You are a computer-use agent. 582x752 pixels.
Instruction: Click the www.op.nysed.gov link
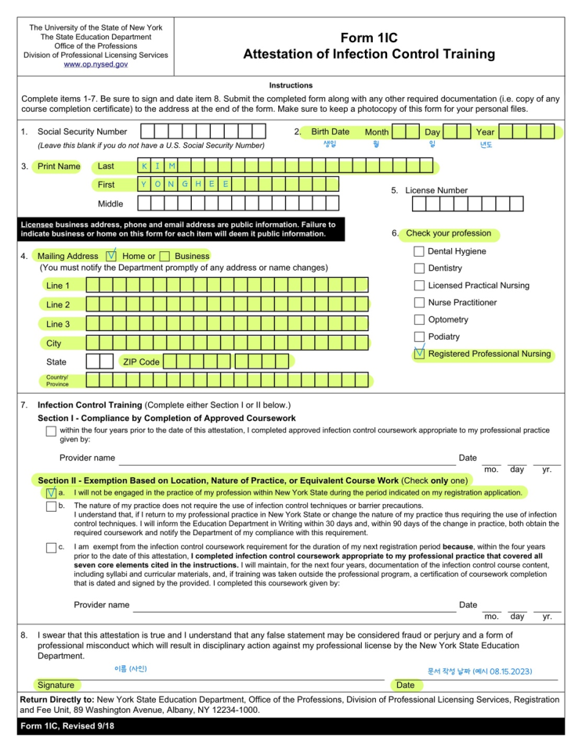pyautogui.click(x=96, y=64)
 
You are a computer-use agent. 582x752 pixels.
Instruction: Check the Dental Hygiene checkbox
pyautogui.click(x=419, y=252)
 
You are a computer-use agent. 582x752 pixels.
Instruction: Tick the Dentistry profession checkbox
pyautogui.click(x=419, y=268)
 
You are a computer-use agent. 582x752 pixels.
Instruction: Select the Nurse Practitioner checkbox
pyautogui.click(x=419, y=303)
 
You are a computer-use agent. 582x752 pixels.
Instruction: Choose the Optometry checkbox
pyautogui.click(x=419, y=320)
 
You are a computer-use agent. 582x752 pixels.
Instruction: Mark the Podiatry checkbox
pyautogui.click(x=419, y=337)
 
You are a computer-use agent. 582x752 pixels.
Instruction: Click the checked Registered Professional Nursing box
pyautogui.click(x=419, y=354)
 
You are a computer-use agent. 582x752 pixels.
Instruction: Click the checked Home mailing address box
pyautogui.click(x=112, y=256)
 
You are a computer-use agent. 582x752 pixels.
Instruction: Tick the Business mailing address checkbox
pyautogui.click(x=164, y=256)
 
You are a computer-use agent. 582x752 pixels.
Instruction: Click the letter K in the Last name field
pyautogui.click(x=144, y=166)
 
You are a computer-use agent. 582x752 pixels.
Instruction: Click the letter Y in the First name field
pyautogui.click(x=144, y=185)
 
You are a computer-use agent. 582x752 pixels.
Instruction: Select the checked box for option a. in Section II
pyautogui.click(x=51, y=493)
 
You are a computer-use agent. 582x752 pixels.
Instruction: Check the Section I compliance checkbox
pyautogui.click(x=51, y=431)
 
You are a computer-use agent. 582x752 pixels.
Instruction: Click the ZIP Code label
pyautogui.click(x=141, y=362)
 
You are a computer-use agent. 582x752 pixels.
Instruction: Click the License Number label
pyautogui.click(x=437, y=190)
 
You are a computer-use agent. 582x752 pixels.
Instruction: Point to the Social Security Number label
pyautogui.click(x=82, y=132)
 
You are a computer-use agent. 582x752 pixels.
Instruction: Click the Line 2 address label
pyautogui.click(x=58, y=304)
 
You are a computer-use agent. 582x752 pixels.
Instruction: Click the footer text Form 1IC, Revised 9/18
pyautogui.click(x=63, y=728)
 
